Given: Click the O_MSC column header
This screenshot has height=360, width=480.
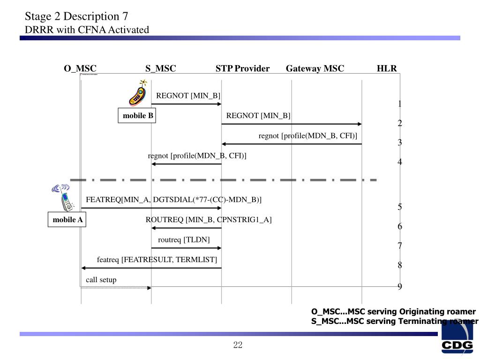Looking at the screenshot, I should pos(80,68).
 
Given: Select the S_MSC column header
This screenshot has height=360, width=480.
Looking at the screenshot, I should pos(160,68).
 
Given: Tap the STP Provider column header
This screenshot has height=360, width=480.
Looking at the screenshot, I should pos(242,68).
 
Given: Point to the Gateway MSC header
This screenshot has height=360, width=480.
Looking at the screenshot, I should pos(315,68).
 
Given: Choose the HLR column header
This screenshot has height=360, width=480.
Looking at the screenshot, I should pos(387,68).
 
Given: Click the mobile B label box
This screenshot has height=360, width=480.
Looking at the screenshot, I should pos(138,116).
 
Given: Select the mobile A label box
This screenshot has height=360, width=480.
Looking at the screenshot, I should pos(67,219).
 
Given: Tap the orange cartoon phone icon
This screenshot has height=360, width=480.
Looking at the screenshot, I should pos(138,93).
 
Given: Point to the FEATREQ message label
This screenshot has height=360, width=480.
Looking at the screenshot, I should pos(173,200).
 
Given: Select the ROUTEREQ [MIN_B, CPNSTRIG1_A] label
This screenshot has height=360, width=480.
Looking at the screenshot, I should pos(209,219).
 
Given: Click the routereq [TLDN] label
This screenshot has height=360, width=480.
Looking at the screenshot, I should pos(184,240).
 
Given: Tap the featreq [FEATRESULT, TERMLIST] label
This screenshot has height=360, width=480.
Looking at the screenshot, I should pos(157,259).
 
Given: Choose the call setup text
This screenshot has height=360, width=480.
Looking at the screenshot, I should pos(101,280).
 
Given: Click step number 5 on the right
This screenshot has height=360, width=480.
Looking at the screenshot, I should pos(400,207).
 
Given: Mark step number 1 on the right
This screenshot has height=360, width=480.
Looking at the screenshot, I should pos(400,104).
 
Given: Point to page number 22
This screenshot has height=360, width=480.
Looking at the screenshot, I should pos(238,345).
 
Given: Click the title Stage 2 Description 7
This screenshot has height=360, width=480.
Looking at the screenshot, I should pos(76,16).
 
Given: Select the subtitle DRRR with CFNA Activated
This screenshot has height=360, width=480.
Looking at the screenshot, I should pos(87,30).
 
